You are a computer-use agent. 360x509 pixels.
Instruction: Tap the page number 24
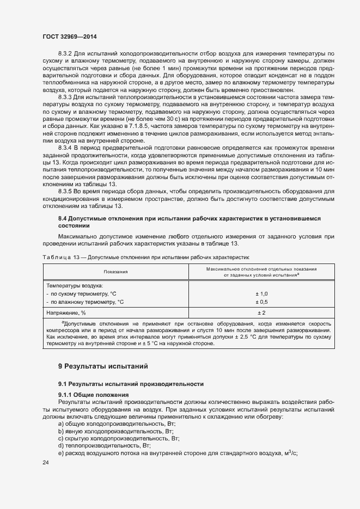pyautogui.click(x=46, y=463)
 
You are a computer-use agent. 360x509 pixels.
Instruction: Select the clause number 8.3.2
pyautogui.click(x=66, y=53)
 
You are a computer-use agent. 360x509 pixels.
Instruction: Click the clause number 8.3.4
pyautogui.click(x=66, y=148)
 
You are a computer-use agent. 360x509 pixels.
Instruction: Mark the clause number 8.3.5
pyautogui.click(x=66, y=191)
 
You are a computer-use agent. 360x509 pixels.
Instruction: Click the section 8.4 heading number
pyautogui.click(x=63, y=218)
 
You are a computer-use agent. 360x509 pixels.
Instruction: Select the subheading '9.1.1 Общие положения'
pyautogui.click(x=93, y=395)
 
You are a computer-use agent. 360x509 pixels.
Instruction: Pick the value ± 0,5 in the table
pyautogui.click(x=262, y=302)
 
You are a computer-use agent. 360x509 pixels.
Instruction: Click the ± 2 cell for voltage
pyautogui.click(x=262, y=313)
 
